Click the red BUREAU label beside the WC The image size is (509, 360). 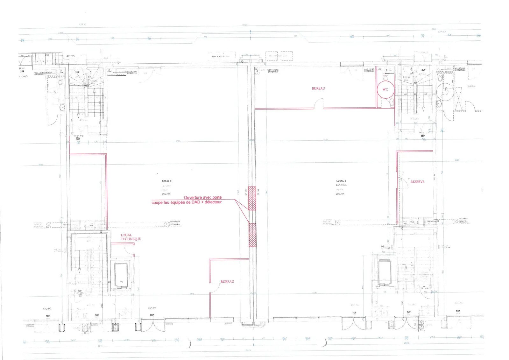(318, 88)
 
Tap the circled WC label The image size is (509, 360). (385, 89)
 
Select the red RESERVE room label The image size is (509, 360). (417, 182)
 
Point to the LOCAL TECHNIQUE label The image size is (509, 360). (131, 237)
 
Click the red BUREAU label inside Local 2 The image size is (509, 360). (227, 282)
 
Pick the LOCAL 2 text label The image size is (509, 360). (166, 181)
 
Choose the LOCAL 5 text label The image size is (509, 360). (341, 181)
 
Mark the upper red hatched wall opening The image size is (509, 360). (252, 198)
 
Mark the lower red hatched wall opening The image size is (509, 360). (252, 235)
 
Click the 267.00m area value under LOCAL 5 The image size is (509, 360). (341, 185)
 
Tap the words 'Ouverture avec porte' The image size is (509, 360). (203, 198)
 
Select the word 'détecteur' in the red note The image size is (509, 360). (213, 202)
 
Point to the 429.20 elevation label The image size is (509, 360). (70, 56)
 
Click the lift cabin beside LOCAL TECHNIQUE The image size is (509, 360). (121, 275)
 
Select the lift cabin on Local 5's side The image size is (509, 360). (385, 272)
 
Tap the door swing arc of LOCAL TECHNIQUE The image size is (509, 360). (129, 250)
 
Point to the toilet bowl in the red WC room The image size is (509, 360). (385, 77)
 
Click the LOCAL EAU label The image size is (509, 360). (406, 79)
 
